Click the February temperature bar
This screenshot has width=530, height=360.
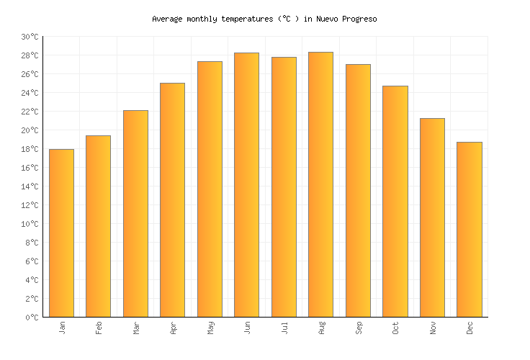tap(98, 226)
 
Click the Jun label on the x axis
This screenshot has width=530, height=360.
tap(247, 328)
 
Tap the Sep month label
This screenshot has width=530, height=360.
tap(359, 328)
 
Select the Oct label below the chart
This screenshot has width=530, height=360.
tap(395, 328)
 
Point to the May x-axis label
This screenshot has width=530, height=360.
tap(210, 328)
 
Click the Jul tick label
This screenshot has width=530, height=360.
tap(284, 328)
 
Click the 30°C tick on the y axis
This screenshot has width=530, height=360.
tap(30, 37)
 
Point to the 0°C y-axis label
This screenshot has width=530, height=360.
tap(32, 318)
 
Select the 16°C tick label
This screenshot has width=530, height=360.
tap(30, 168)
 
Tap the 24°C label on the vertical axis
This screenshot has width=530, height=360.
tap(30, 93)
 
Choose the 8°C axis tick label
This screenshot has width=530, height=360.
tap(32, 243)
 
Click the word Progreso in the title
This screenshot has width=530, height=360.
tap(357, 19)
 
